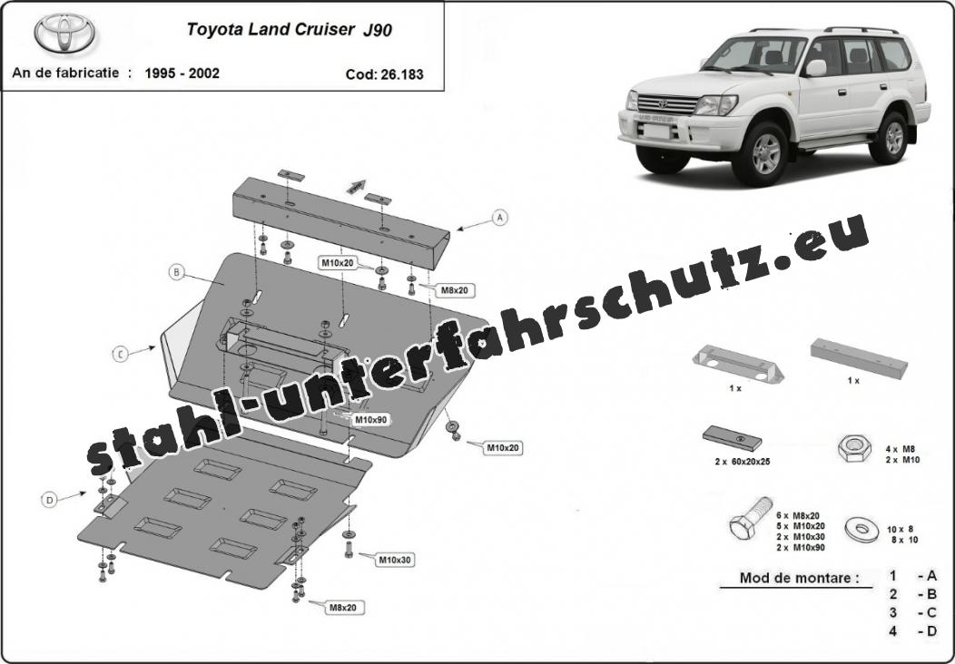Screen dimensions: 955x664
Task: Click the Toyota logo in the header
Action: point(64,33)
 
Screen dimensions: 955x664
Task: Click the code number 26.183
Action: point(402,74)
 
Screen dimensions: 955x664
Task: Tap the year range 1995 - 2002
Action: point(182,73)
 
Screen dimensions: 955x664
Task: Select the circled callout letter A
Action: point(500,218)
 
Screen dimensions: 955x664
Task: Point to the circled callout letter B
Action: point(177,272)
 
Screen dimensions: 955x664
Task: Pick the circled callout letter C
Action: point(121,354)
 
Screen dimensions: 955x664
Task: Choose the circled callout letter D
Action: point(49,501)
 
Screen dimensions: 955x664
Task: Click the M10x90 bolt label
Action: point(370,419)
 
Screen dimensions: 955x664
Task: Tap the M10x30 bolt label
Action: point(395,560)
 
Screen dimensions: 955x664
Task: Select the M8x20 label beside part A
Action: point(455,291)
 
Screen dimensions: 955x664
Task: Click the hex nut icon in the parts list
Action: point(854,449)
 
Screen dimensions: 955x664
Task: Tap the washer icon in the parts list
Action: point(861,529)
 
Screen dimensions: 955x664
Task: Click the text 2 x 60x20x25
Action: point(743,462)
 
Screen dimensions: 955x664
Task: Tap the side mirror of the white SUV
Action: point(815,67)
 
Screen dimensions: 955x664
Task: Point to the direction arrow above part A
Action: point(356,186)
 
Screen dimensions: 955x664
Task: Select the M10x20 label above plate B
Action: point(338,263)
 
